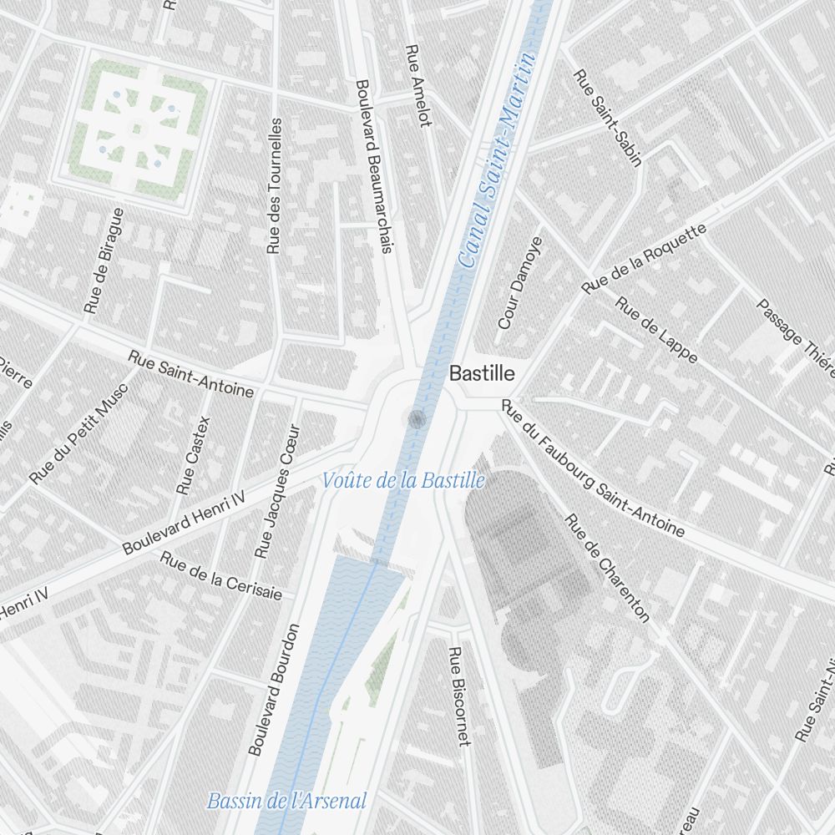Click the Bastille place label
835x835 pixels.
[482, 373]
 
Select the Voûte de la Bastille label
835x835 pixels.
[403, 481]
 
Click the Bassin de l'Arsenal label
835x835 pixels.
[286, 801]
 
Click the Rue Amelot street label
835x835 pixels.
[417, 85]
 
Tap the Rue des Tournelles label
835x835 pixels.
[275, 185]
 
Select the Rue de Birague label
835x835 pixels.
[104, 261]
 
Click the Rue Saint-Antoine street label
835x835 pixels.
[190, 373]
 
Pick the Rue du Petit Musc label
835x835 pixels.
[78, 433]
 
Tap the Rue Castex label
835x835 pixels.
[194, 455]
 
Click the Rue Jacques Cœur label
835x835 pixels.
[277, 493]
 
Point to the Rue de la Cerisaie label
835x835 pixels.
[220, 575]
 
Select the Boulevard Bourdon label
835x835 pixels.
[273, 690]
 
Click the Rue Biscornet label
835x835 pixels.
[458, 696]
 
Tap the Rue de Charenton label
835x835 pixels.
[607, 568]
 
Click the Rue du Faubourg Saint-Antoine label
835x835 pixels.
[593, 468]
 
